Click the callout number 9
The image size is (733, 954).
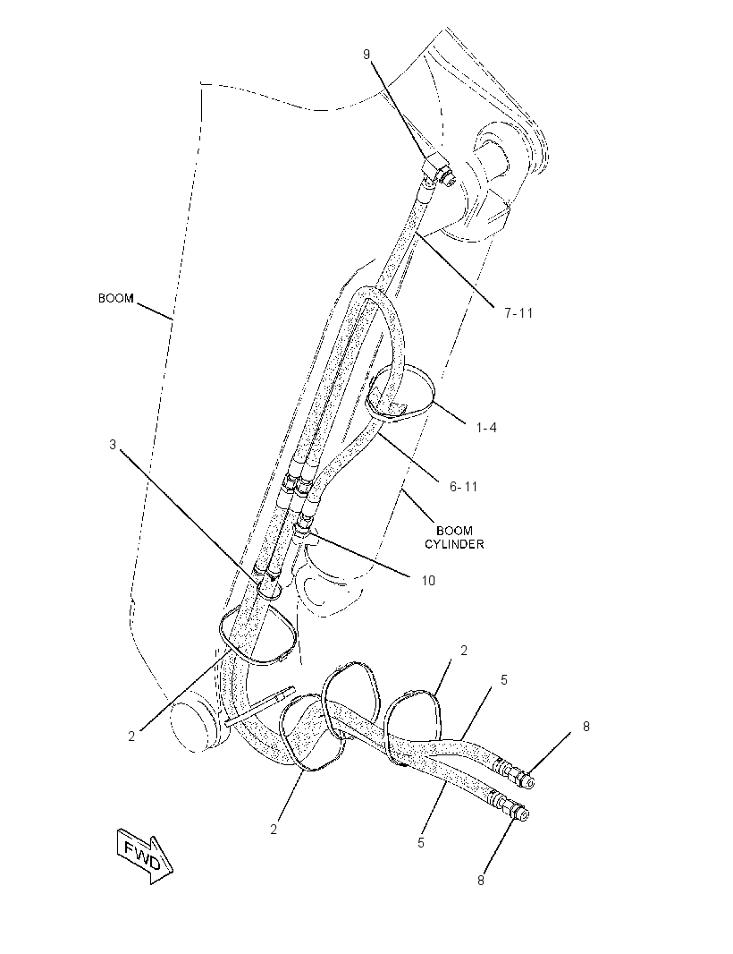(x=366, y=55)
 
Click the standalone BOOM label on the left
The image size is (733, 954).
(x=115, y=299)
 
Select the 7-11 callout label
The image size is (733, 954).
(x=518, y=312)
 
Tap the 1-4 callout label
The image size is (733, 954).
(x=485, y=428)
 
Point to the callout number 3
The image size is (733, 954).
(x=113, y=445)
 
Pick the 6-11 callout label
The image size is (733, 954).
(x=464, y=487)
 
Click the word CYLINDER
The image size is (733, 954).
(x=454, y=544)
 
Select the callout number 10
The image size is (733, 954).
(x=428, y=581)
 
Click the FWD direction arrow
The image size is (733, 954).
(x=146, y=856)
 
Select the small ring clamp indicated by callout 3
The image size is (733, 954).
(x=269, y=587)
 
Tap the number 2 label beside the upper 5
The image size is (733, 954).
(x=464, y=651)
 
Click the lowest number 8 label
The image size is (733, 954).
(x=481, y=880)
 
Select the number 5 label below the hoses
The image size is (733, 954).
(x=421, y=843)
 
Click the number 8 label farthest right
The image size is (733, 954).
(x=586, y=727)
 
